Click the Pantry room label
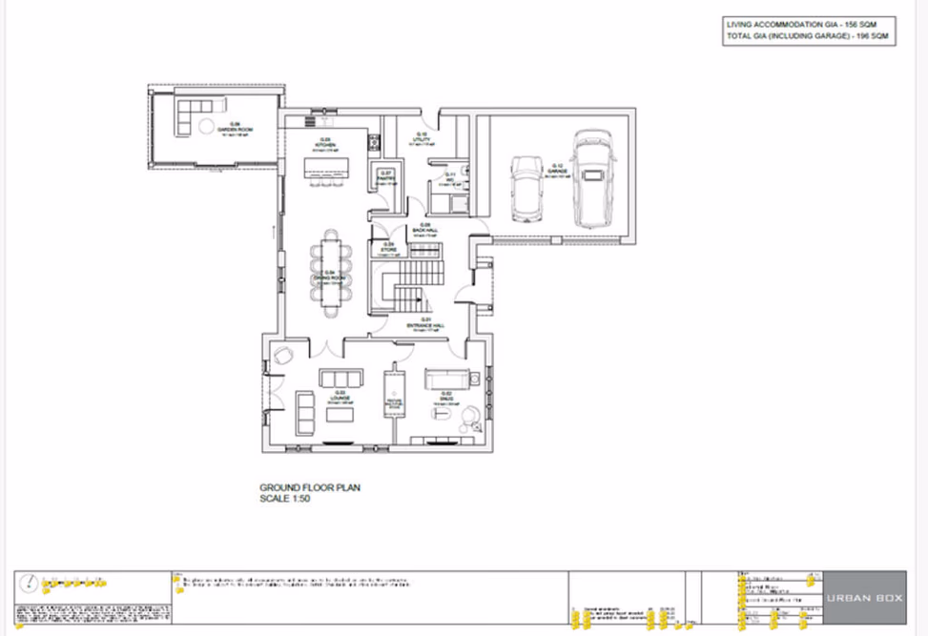point(386,174)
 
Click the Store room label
point(389,246)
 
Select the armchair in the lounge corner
point(284,356)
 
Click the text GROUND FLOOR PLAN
point(310,487)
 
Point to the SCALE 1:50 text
point(285,499)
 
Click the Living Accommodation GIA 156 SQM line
point(808,24)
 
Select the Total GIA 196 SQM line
point(808,36)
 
